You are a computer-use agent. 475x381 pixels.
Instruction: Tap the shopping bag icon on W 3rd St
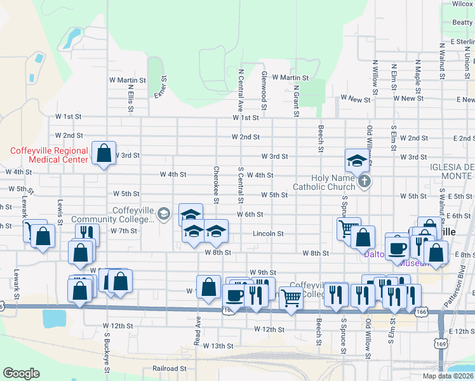click(104, 153)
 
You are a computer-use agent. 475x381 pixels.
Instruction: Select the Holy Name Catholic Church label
click(324, 183)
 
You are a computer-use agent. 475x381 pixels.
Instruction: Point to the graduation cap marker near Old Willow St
click(358, 160)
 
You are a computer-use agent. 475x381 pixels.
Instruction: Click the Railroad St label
click(170, 368)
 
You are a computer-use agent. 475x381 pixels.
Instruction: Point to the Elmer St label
click(160, 88)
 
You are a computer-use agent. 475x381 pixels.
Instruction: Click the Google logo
click(21, 373)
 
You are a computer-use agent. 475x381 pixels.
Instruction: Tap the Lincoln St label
click(268, 234)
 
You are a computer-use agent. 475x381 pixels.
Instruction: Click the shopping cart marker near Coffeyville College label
click(291, 297)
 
